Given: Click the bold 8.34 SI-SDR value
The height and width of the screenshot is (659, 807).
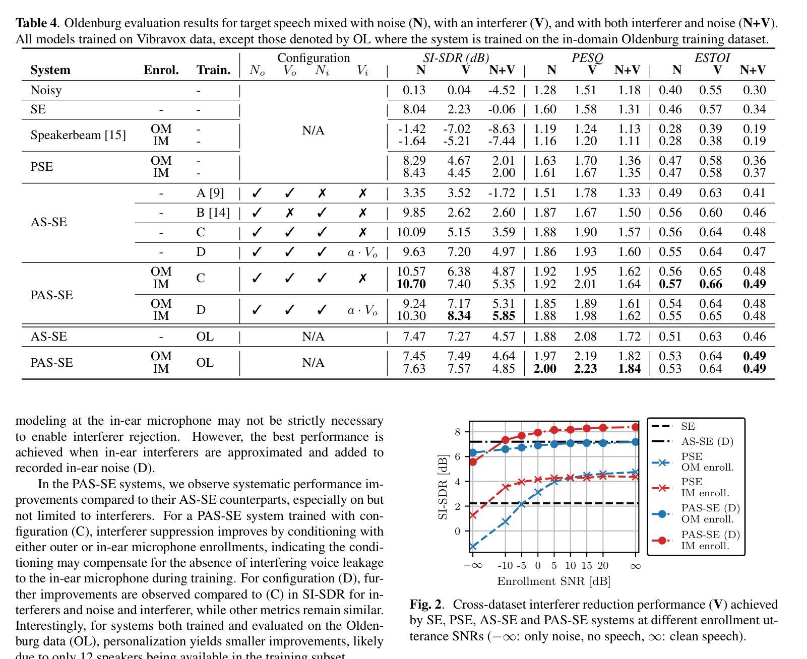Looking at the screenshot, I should point(459,316).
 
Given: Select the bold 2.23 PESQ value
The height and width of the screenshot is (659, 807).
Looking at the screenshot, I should point(585,369).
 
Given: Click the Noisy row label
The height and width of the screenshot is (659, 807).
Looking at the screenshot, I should point(46,90).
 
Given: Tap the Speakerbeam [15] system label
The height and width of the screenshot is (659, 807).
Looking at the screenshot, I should point(78,135).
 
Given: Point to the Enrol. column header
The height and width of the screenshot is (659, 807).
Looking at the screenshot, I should point(161,70).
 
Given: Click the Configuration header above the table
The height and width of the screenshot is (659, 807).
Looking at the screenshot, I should point(313,58).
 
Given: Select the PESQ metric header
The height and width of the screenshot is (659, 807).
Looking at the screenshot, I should point(587,58).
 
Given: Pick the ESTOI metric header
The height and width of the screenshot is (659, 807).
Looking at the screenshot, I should point(712,58).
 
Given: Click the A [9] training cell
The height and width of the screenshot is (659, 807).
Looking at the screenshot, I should point(210,193).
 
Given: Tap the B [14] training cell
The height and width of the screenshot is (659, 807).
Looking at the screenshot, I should point(213,213).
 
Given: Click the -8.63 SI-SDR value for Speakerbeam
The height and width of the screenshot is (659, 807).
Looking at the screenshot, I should point(502,129).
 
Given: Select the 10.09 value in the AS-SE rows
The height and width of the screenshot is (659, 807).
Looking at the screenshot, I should point(411,232).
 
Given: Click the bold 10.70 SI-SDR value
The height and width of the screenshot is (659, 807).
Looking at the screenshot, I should point(411,284).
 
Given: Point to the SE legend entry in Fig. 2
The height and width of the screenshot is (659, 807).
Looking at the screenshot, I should point(688,426).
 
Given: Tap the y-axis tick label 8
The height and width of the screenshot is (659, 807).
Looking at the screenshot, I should point(457,432).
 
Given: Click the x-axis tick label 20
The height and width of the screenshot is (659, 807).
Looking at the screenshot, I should point(602,566).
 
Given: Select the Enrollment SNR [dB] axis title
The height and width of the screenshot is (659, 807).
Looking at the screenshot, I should point(553,581).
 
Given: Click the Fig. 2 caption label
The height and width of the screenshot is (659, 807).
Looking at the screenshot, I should point(425,604).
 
